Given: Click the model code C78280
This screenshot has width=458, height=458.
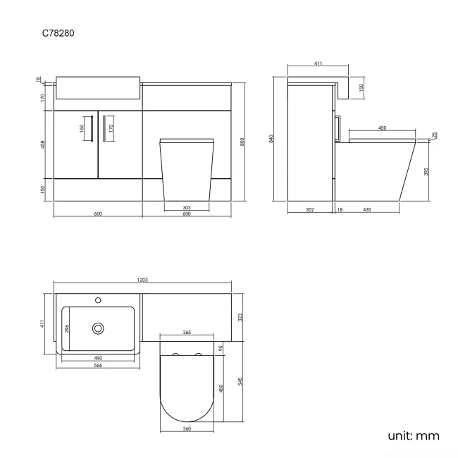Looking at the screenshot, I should click(58, 32).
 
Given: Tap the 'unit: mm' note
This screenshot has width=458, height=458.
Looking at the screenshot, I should click(414, 435).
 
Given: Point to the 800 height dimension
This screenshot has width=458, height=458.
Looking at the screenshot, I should click(242, 141).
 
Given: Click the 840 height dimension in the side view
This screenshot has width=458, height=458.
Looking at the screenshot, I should click(272, 140).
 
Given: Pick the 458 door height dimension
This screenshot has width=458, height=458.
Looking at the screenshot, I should click(42, 144).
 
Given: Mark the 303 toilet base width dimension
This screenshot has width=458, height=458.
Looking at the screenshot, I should click(187, 207).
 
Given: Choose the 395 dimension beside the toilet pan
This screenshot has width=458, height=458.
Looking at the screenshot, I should click(426, 171).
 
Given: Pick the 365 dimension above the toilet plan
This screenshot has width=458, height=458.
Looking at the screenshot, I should click(187, 332).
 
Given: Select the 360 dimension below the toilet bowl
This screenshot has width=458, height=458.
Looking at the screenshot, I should click(187, 428).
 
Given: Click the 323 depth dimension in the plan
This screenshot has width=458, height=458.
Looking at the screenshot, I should click(241, 318).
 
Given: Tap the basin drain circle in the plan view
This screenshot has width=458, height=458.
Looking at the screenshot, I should click(97, 328).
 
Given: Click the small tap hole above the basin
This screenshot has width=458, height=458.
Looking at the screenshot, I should click(98, 300).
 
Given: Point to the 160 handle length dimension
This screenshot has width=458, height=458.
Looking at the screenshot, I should click(82, 129).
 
